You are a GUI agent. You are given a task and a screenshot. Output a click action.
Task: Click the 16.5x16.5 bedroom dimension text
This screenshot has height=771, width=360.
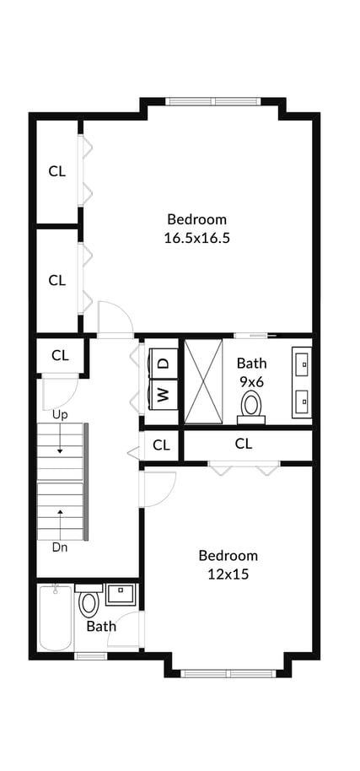click(x=197, y=239)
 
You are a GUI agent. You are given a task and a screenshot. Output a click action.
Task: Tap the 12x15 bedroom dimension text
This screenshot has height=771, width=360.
click(x=228, y=574)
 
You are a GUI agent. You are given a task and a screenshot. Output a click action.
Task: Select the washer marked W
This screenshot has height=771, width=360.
click(x=163, y=394)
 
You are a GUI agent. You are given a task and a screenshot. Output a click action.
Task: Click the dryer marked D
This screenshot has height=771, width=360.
click(x=163, y=364)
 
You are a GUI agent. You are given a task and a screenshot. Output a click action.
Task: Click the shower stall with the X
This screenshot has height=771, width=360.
click(x=203, y=381)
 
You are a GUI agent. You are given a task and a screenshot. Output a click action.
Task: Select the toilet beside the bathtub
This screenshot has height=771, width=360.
click(x=89, y=601)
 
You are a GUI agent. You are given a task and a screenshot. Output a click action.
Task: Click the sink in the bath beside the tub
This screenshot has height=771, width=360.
click(x=121, y=595)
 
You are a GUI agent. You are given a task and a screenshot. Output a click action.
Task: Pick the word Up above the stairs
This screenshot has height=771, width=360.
click(x=60, y=415)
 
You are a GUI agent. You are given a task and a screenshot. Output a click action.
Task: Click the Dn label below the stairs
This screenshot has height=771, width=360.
click(x=60, y=547)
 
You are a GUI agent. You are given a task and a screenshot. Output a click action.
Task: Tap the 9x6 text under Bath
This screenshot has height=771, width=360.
click(x=251, y=382)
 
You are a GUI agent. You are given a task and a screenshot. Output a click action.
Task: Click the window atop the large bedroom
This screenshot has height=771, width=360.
click(x=212, y=102)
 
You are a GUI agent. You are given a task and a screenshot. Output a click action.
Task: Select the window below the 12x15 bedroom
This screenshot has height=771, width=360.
click(x=228, y=674)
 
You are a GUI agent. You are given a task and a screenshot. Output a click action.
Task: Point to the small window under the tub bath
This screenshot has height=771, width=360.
click(x=90, y=655)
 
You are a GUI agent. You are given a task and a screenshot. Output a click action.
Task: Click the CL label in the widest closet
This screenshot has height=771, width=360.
click(x=244, y=444)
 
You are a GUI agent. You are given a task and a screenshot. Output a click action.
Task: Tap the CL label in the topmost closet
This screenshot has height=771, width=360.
click(x=57, y=171)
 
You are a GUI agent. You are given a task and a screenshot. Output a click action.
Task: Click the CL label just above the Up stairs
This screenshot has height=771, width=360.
click(x=60, y=356)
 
